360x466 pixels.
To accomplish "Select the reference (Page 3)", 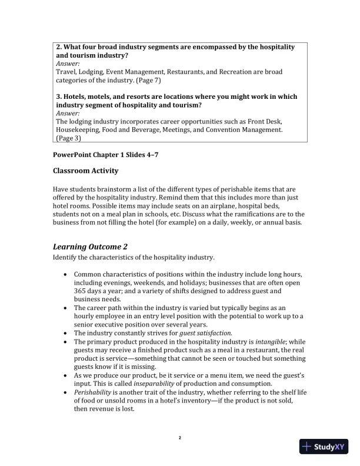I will click(68, 138).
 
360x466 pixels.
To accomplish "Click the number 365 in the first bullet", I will click(81, 291).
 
